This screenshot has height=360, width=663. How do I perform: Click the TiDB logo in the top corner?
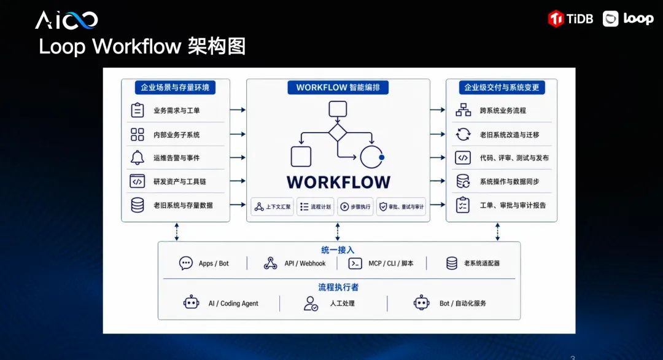coord(570,18)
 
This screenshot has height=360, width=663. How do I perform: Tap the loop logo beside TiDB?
coord(628,18)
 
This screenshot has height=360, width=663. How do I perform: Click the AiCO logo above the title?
coord(66,20)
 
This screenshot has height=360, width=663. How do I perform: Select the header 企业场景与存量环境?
coord(175,88)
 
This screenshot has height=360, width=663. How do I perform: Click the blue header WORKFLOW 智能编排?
coord(338,88)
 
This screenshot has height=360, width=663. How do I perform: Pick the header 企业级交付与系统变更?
coord(502,88)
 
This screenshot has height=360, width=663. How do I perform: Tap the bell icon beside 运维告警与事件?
coord(137,157)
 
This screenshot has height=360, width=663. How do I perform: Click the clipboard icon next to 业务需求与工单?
coord(138,110)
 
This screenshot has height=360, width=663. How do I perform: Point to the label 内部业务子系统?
coord(176,135)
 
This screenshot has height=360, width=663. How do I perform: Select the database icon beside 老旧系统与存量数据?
coord(138,205)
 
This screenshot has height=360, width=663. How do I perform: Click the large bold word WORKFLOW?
coord(339,182)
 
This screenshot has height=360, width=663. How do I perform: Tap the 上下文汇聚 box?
coord(273,207)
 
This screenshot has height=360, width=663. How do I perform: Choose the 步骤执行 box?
coord(355,207)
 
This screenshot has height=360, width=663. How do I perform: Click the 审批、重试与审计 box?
coord(401,207)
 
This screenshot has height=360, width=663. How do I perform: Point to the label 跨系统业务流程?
coord(503,111)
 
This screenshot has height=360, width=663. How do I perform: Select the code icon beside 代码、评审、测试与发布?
coord(463,158)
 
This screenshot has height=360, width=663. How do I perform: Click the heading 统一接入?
coord(338,250)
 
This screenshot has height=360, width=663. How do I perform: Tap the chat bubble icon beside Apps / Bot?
coord(185,263)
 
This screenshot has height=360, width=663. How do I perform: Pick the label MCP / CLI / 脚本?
coord(390,264)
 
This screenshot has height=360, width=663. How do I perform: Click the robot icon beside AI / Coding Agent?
coord(191,303)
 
